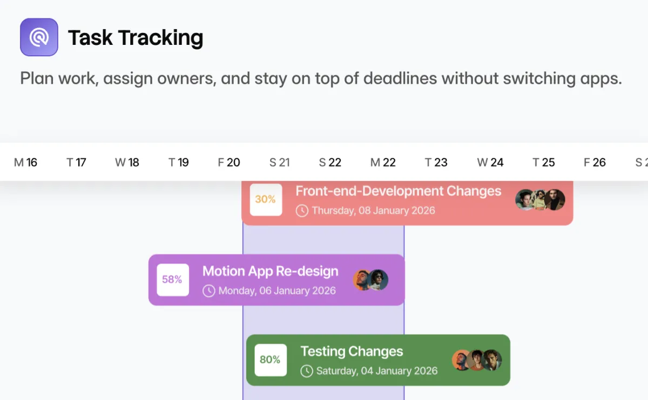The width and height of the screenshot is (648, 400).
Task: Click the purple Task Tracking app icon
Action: coord(39,37)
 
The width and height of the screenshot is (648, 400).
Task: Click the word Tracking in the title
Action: coord(160,38)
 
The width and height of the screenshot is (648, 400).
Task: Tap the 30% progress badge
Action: coord(266,199)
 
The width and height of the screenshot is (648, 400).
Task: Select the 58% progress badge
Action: coord(173,280)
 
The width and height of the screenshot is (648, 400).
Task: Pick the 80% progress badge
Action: coord(271,360)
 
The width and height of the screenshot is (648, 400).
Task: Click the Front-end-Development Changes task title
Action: coord(399,191)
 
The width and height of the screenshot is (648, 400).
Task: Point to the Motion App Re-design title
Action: coord(270,271)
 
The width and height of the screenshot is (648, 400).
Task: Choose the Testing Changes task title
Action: coord(352,352)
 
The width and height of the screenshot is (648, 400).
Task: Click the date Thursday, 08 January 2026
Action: coord(374,210)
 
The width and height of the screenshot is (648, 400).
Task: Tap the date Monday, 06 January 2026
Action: coord(277,290)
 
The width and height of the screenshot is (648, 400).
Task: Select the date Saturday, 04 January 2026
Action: coord(377,371)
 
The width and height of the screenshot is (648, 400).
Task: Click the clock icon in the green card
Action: coord(307,371)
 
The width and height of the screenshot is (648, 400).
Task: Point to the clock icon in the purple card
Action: coord(209,291)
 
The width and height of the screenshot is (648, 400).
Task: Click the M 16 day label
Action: coord(25,163)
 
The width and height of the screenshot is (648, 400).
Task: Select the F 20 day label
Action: coord(229,163)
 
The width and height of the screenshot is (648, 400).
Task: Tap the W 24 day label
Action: coord(490,163)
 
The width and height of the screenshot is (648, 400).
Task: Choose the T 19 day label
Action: coord(179,163)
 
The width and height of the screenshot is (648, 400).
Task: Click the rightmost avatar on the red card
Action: coord(554,199)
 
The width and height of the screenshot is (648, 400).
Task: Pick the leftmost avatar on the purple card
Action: coord(362,280)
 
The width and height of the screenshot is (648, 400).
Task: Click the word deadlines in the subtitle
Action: coord(400,78)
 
